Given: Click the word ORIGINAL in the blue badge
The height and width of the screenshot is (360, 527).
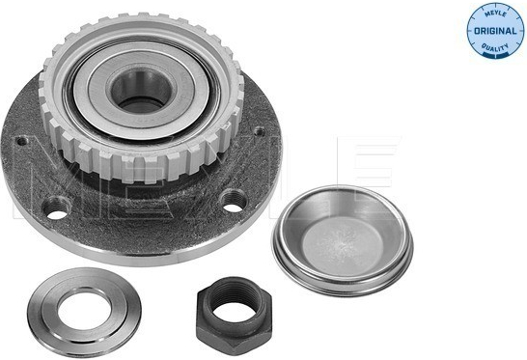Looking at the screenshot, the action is (495, 31).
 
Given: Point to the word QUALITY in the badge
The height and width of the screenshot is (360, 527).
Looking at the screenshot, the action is (495, 47).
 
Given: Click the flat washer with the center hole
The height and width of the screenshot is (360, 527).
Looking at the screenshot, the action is (84, 313).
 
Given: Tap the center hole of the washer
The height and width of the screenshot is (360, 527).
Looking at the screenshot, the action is (84, 311).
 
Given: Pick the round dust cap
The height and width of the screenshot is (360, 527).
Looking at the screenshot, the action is (343, 240).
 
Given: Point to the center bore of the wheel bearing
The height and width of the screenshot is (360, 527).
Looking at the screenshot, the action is (141, 91).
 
